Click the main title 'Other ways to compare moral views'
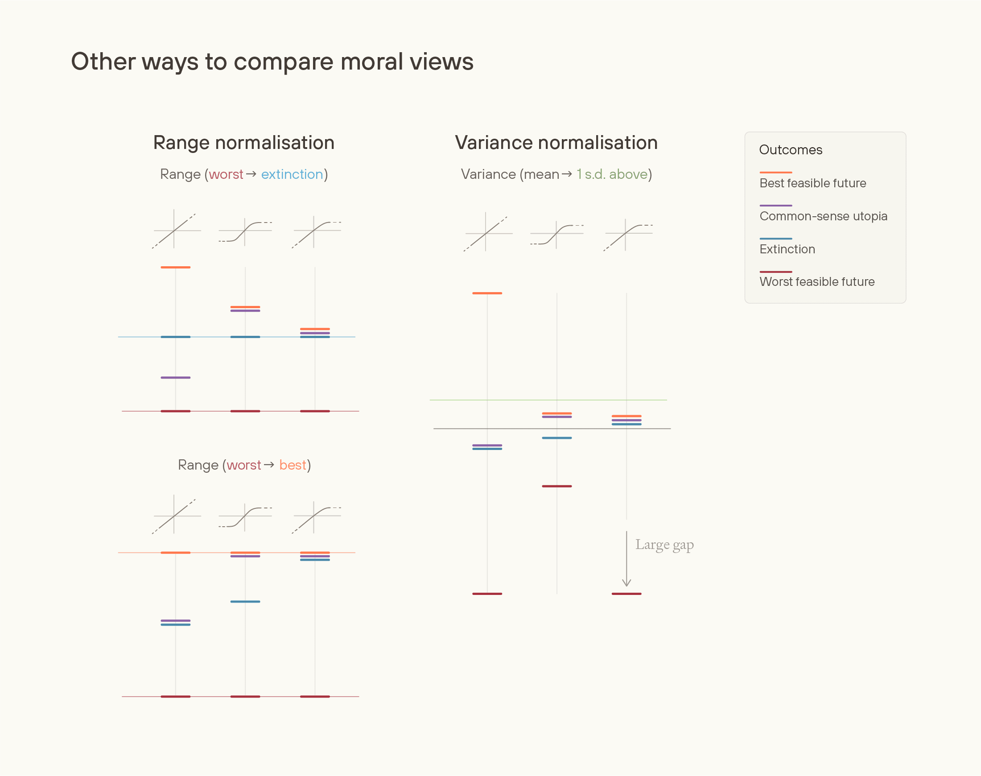(x=272, y=62)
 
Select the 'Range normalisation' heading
(x=244, y=143)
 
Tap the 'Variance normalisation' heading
(x=556, y=143)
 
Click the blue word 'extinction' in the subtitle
(x=292, y=174)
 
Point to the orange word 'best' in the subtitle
(x=293, y=465)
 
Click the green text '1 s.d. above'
(x=612, y=174)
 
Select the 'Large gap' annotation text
(x=664, y=544)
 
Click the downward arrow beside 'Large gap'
(x=627, y=559)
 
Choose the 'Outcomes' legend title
(x=790, y=150)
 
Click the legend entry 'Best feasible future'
(x=812, y=183)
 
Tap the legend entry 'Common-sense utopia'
(x=823, y=216)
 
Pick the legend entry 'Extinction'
(x=787, y=249)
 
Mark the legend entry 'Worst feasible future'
(x=816, y=282)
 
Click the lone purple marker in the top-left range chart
(x=175, y=378)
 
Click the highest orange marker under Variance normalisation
(x=487, y=293)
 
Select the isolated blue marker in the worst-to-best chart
(x=245, y=602)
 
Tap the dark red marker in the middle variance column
(x=556, y=486)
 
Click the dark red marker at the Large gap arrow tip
(x=627, y=594)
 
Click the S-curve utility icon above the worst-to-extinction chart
(x=245, y=232)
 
